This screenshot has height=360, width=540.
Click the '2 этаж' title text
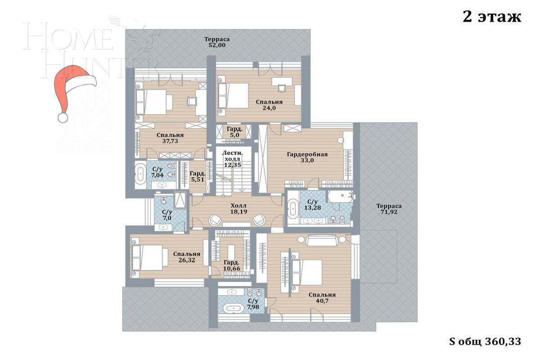click(491, 17)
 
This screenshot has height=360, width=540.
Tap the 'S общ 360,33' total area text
click(485, 342)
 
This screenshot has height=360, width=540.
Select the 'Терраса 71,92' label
click(389, 209)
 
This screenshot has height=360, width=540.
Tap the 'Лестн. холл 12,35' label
click(232, 159)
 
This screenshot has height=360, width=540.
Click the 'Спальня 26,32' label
click(187, 257)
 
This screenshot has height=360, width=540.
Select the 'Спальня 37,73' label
click(170, 138)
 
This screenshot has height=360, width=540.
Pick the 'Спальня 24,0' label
click(269, 105)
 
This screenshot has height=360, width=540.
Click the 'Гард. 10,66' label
click(231, 265)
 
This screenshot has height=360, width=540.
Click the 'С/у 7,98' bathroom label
click(253, 304)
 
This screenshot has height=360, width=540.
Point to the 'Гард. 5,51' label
click(198, 176)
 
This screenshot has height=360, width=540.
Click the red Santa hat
click(72, 90)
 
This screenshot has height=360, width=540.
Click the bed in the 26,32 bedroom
click(148, 257)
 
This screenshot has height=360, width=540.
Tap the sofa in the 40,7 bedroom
click(322, 241)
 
